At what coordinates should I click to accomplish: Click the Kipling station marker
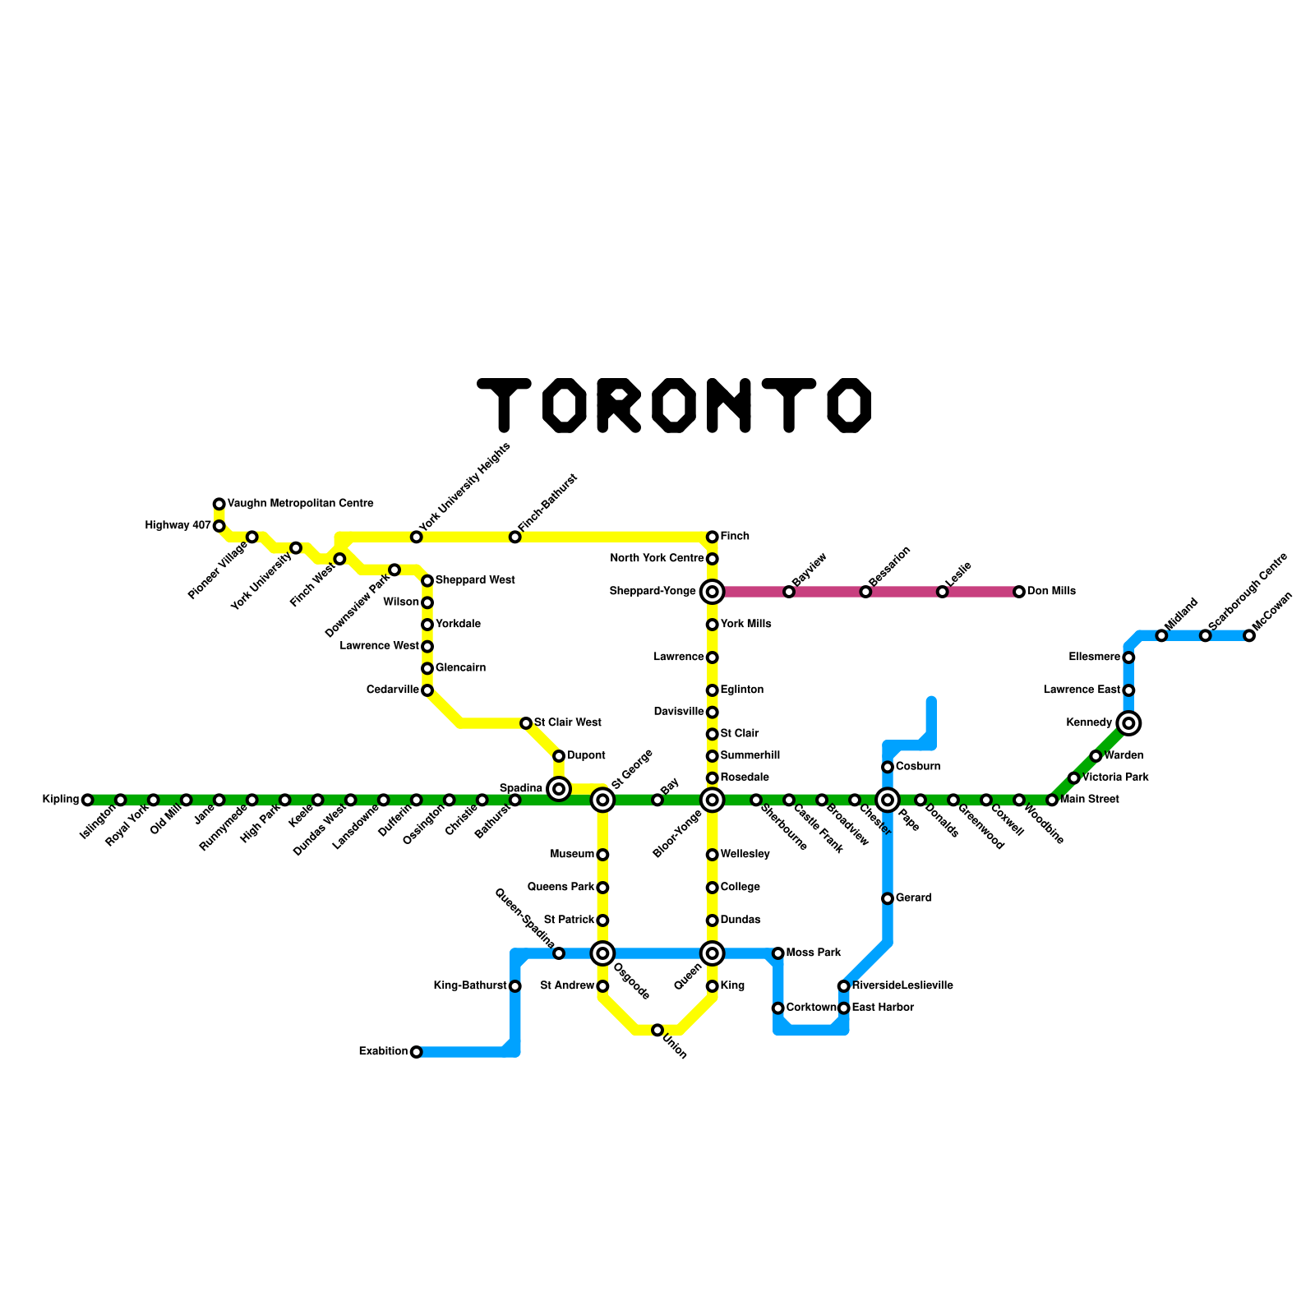click(88, 800)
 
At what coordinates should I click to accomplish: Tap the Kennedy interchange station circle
click(1128, 723)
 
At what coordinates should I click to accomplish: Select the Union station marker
click(657, 1030)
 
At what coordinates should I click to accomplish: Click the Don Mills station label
click(1051, 592)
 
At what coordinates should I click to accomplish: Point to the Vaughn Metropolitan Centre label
click(300, 504)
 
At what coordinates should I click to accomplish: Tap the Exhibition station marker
click(417, 1052)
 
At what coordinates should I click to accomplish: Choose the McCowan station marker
click(1249, 635)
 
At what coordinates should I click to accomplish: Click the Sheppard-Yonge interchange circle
click(713, 592)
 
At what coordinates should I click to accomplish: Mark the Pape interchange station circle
click(888, 800)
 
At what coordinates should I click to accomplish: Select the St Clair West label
click(568, 723)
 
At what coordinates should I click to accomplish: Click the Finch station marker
click(713, 537)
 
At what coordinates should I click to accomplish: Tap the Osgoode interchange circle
click(602, 953)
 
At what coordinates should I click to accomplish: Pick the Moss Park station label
click(813, 953)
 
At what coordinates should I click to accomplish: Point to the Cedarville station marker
click(427, 690)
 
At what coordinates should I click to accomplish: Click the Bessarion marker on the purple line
click(865, 592)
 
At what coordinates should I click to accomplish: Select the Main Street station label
click(1089, 800)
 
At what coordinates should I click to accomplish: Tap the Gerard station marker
click(888, 898)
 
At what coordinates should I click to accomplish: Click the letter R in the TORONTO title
click(618, 405)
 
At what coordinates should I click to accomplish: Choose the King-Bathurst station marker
click(515, 986)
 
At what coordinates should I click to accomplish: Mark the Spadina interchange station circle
click(559, 789)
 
